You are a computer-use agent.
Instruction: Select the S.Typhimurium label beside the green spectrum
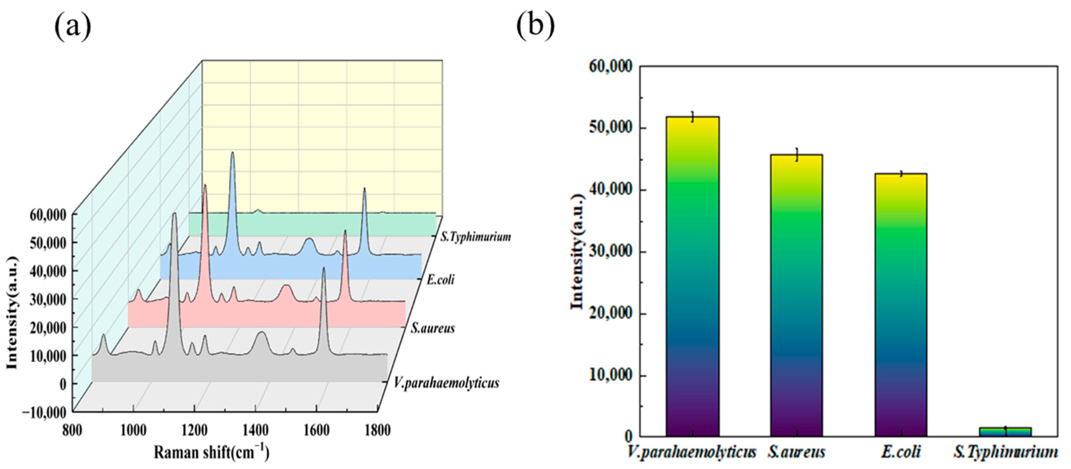point(476,237)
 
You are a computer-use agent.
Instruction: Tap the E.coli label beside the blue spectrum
point(440,280)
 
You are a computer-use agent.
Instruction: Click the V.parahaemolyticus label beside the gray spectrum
point(447,383)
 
